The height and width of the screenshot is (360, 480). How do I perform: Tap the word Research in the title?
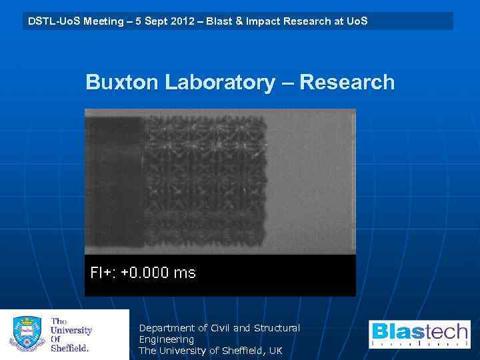[x=347, y=83]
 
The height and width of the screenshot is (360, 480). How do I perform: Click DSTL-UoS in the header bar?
[x=54, y=21]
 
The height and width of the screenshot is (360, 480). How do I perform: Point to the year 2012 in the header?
[x=181, y=21]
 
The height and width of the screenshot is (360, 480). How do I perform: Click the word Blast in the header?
[x=219, y=21]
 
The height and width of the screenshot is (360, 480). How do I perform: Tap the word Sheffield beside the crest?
[x=70, y=347]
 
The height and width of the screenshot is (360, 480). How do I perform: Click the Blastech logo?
[x=419, y=334]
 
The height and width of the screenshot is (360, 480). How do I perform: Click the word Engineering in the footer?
[x=166, y=339]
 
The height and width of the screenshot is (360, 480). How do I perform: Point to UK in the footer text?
[x=275, y=351]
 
